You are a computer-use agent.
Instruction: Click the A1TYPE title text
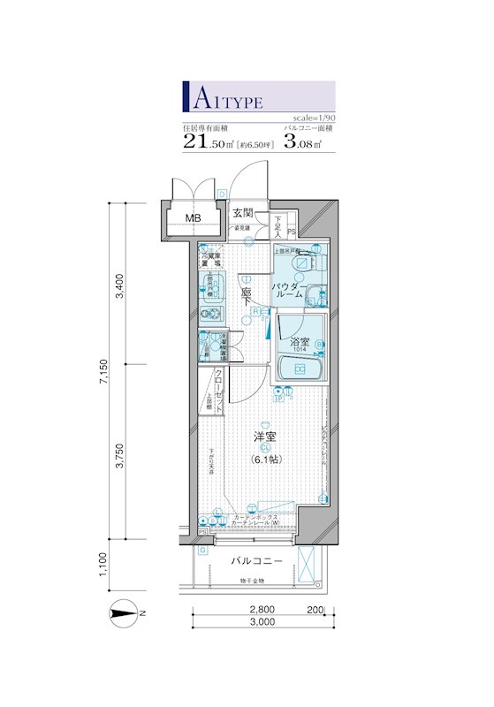pyautogui.click(x=225, y=97)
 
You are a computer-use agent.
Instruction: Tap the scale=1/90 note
pyautogui.click(x=313, y=118)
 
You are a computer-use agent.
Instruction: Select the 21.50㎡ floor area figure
pyautogui.click(x=213, y=141)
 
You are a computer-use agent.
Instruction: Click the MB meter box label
pyautogui.click(x=193, y=217)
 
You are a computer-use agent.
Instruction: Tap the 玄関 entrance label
pyautogui.click(x=243, y=213)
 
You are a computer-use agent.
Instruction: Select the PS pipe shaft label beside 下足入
pyautogui.click(x=292, y=232)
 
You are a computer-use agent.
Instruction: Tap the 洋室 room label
pyautogui.click(x=264, y=437)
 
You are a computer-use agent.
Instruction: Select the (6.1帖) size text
pyautogui.click(x=264, y=460)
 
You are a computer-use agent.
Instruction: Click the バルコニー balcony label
pyautogui.click(x=257, y=561)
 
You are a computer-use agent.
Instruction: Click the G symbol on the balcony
pyautogui.click(x=202, y=551)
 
